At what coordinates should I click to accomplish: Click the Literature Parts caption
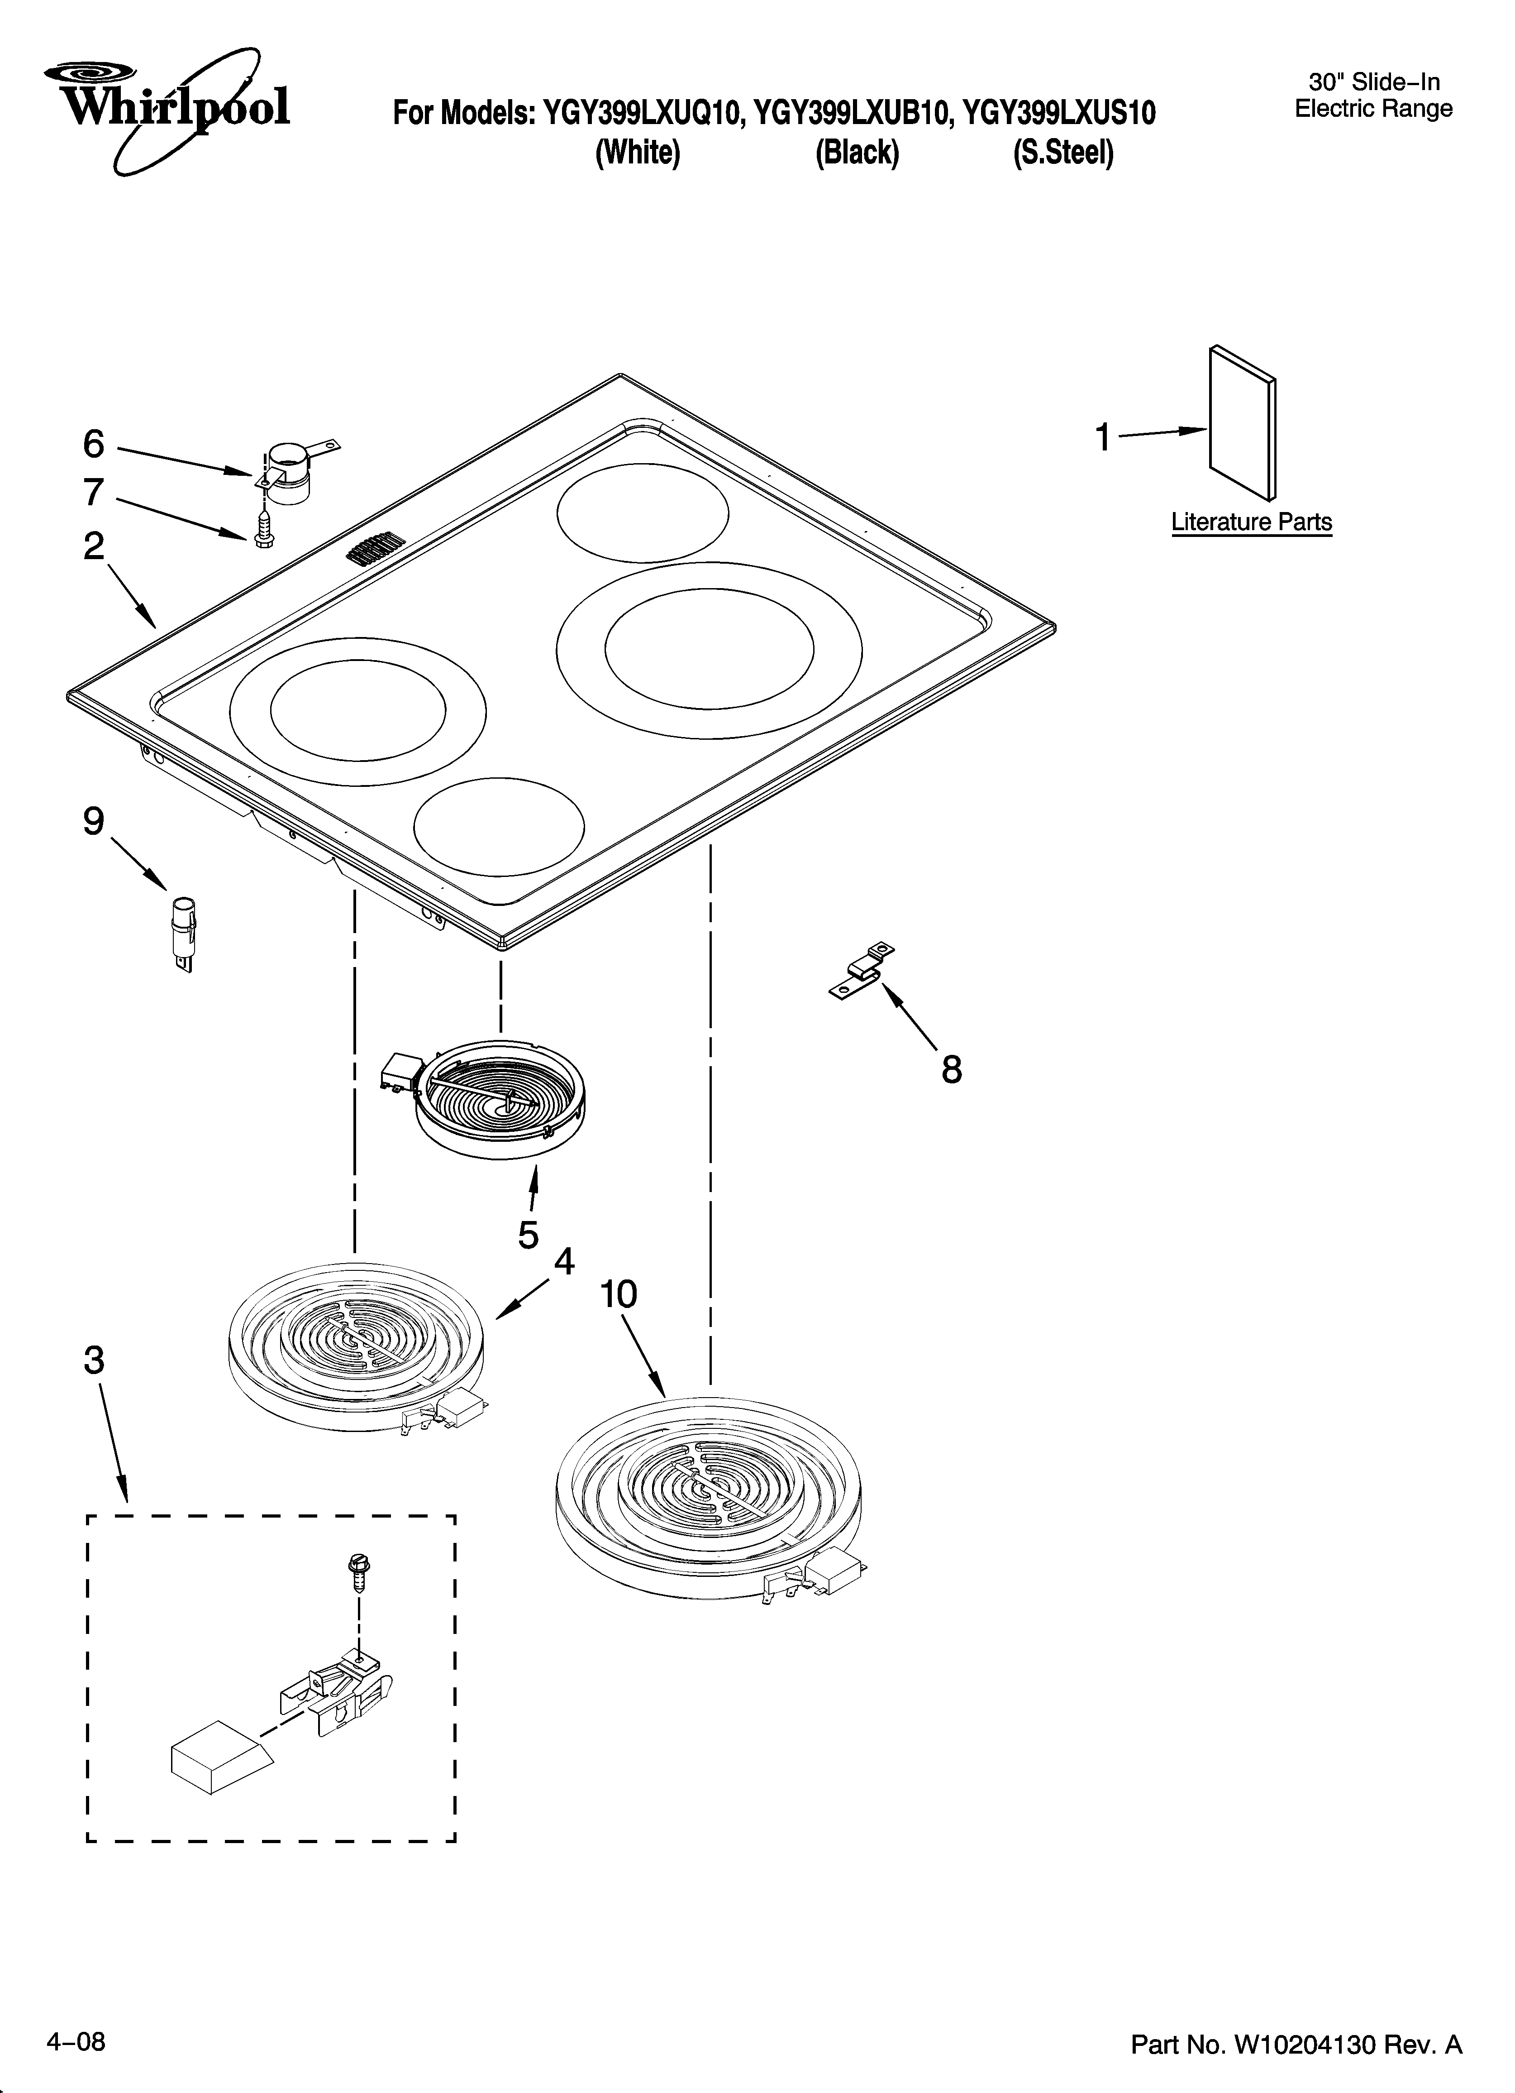coord(1251,522)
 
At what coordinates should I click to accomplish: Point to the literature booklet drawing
coord(1242,423)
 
